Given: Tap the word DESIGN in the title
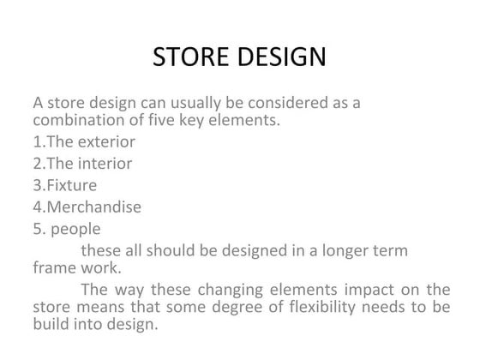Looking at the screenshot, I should click(x=279, y=57).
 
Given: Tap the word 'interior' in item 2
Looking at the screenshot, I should click(x=106, y=163).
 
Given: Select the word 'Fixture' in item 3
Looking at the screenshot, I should click(x=71, y=184).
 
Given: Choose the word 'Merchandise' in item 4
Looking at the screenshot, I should click(x=93, y=206).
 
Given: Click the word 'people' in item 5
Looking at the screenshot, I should click(x=75, y=229).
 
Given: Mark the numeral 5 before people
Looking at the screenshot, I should click(x=39, y=228).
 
